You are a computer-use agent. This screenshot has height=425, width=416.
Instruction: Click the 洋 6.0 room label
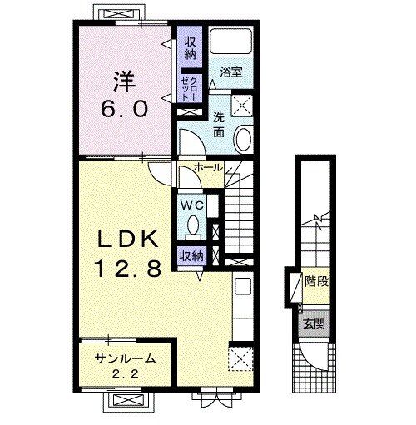124,94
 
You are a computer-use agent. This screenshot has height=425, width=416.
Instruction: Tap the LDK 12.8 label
127,254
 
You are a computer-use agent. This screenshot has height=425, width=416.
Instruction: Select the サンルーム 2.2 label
125,366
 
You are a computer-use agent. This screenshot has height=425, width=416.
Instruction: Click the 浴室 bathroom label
231,72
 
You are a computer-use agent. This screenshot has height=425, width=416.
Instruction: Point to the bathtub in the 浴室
230,42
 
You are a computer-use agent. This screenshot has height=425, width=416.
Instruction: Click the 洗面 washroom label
219,126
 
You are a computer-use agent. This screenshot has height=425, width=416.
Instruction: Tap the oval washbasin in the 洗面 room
244,140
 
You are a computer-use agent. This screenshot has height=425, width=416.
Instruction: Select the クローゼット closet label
190,89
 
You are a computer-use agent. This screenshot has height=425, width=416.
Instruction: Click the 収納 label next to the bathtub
191,48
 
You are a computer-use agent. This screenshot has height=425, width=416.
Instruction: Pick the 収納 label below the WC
192,255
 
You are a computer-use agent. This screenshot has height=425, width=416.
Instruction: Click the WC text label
192,205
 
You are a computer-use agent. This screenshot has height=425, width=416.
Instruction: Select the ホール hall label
209,167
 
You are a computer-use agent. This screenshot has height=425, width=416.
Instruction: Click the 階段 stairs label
316,281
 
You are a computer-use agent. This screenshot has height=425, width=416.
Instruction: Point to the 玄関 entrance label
314,324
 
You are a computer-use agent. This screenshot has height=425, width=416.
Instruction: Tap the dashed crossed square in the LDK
240,358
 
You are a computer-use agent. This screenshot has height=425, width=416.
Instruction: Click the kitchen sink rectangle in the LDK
243,286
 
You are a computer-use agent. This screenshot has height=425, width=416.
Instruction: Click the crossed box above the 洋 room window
120,14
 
